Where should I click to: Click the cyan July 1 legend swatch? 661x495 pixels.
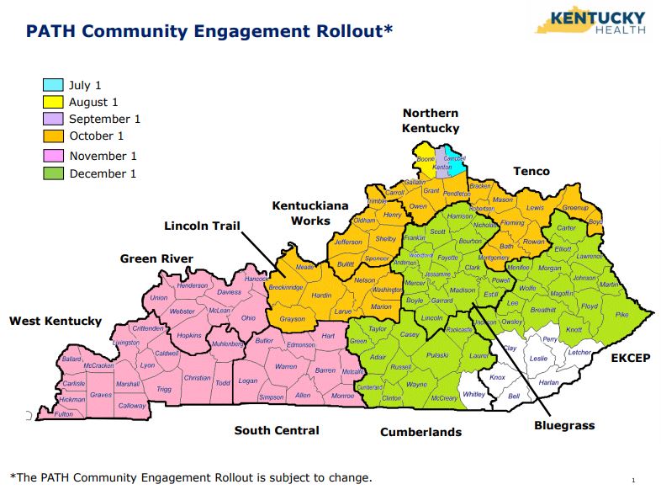point(53,85)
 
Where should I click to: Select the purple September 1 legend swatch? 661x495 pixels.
point(53,119)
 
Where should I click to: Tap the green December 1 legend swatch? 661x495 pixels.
point(53,173)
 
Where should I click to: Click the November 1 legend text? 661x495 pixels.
point(103,156)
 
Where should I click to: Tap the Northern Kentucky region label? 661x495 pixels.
point(431,120)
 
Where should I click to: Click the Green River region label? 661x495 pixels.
point(156,258)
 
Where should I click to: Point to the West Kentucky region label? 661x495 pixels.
point(56,321)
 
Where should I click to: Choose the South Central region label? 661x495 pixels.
point(277,430)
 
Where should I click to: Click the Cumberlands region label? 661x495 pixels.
point(420,432)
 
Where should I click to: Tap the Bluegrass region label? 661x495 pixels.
point(564,425)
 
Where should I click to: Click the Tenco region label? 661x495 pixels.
point(531,171)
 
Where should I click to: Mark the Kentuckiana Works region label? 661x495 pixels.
point(300,212)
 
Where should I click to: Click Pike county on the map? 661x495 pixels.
point(621,314)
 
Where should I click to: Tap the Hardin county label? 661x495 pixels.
point(321,295)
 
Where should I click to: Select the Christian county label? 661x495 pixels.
point(197,378)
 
